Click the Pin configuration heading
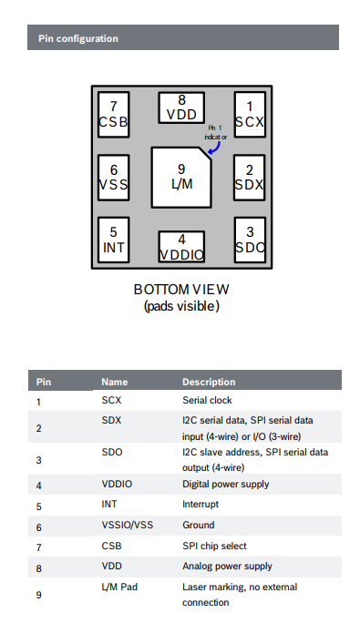click(x=78, y=39)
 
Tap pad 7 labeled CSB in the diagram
click(x=114, y=115)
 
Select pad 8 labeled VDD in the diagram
click(x=181, y=107)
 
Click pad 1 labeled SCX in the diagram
click(x=250, y=115)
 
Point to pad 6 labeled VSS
click(x=114, y=178)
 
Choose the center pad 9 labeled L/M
click(x=181, y=178)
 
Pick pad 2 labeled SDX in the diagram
click(x=250, y=178)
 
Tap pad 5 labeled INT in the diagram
click(x=114, y=240)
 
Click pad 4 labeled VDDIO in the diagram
click(x=181, y=247)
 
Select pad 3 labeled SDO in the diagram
click(x=250, y=240)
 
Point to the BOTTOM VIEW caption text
click(x=181, y=290)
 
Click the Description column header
click(x=209, y=382)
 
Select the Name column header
click(x=115, y=382)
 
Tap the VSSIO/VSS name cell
click(x=128, y=526)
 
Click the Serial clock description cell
click(x=207, y=400)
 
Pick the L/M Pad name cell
click(x=119, y=587)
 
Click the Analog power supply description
click(x=227, y=566)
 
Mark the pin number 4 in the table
click(x=39, y=486)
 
